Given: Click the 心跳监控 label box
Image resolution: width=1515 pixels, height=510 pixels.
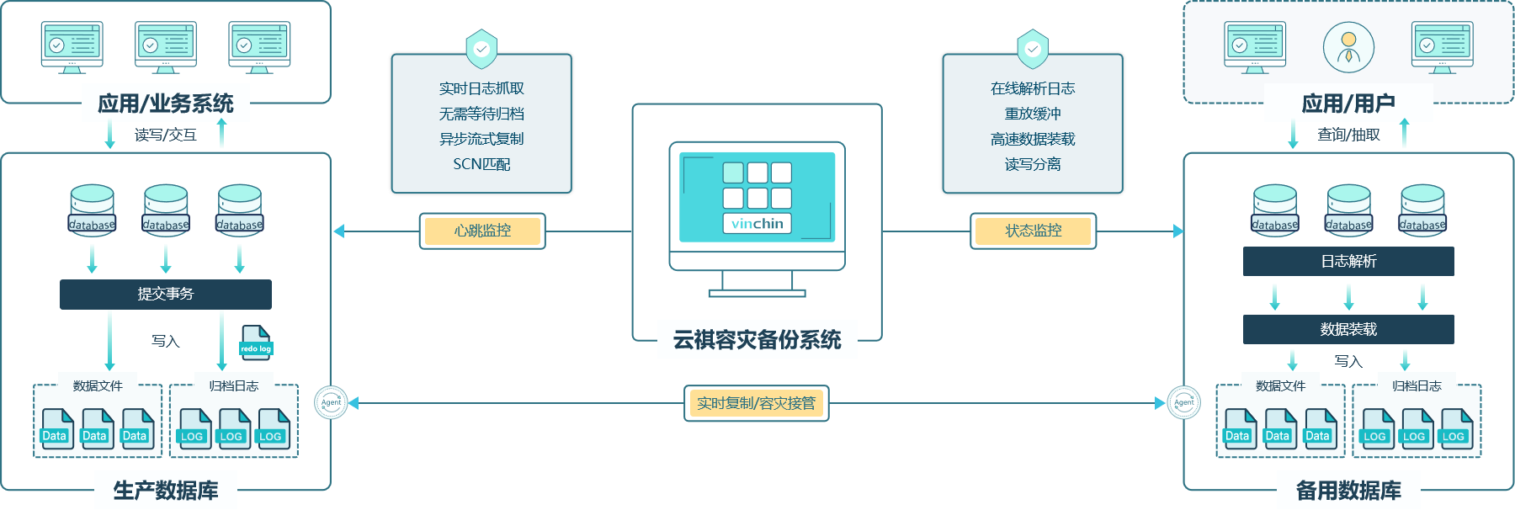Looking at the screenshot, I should [x=482, y=231].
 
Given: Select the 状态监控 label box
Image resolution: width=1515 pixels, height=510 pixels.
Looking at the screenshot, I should [x=1034, y=231].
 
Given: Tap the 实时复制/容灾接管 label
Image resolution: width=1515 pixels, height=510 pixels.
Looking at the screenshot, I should [x=756, y=403].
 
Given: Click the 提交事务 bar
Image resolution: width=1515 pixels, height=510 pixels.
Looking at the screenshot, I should [x=166, y=294].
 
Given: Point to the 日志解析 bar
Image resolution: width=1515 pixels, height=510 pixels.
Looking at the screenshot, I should [x=1348, y=261].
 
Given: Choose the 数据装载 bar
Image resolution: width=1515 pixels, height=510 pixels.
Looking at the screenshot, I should [x=1348, y=329].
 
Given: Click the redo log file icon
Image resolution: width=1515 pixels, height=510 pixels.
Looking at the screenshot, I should [x=256, y=343].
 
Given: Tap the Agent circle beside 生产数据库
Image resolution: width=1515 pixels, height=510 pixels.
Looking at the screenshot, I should [x=332, y=402].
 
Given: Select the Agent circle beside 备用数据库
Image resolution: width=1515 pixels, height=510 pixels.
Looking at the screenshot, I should [x=1183, y=402].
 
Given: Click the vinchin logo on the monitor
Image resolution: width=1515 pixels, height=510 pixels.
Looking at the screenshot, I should [x=757, y=223].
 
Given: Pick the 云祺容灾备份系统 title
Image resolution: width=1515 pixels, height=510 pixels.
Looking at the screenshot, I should [x=757, y=339].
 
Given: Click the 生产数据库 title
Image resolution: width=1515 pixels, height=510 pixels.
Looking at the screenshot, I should [x=166, y=490].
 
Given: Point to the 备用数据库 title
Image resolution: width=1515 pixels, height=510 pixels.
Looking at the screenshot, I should [x=1348, y=490].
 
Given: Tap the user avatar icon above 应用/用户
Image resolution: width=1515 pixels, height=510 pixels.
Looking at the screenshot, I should [x=1348, y=47].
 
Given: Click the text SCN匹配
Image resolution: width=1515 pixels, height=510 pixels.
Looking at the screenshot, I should [x=481, y=164].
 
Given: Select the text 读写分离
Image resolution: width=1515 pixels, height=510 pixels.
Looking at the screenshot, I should [x=1033, y=164].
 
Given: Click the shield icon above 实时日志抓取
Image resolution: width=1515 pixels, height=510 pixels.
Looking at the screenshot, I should [x=481, y=48].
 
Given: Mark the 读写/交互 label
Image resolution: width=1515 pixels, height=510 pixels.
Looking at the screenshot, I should [x=166, y=135].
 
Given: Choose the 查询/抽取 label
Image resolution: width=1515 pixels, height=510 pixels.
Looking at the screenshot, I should [x=1348, y=135].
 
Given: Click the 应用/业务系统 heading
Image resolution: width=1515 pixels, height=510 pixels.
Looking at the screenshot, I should [x=166, y=104].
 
